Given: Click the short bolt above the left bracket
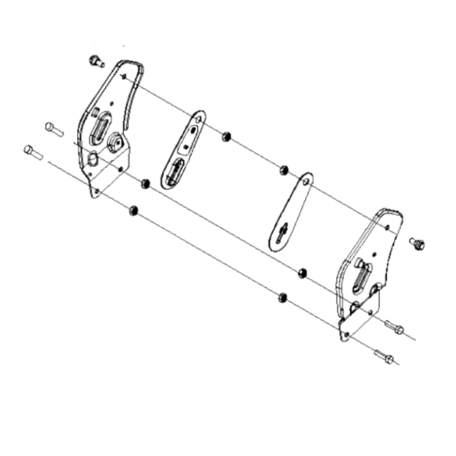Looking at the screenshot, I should coord(96,61).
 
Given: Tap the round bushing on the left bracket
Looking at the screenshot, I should coord(115,142).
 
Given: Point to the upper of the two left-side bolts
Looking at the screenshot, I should coord(53,129).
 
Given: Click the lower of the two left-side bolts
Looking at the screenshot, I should coord(32,152).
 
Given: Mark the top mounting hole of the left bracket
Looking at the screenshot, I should coord(124,77).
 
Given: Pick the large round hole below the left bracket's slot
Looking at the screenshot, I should coord(93,159).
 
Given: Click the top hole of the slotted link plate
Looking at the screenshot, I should coord(198,118).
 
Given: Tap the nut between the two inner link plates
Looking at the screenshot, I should coord(225,136).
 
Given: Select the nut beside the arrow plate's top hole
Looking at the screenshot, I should coord(284,170).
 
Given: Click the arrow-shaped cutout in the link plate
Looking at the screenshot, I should coord(282,232).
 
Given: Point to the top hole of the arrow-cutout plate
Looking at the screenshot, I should coord(306,182).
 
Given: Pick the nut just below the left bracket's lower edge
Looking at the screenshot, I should coord(145,184).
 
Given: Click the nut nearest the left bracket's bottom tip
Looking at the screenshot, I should coord(134,210).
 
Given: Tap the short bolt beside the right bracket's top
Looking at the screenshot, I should coord(417,243).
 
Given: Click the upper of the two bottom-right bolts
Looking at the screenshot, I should coord(394,328).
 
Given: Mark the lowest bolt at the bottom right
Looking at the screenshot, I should coord(383,357).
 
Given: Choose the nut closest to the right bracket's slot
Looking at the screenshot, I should coord(302,273).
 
